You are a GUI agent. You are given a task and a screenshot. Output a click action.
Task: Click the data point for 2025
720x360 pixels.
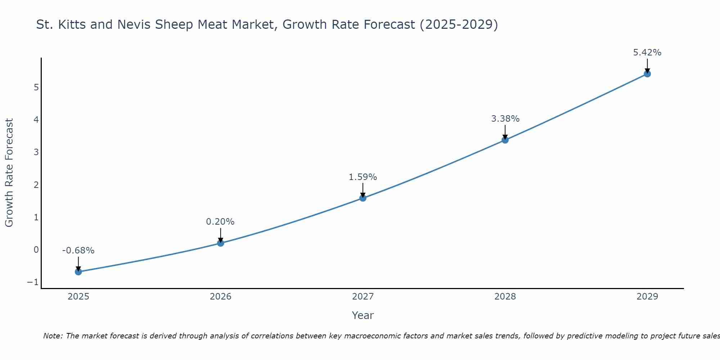click(78, 272)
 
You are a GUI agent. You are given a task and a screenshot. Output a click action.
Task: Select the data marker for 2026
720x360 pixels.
click(221, 243)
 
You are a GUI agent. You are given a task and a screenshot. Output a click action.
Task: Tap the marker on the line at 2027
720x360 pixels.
click(363, 198)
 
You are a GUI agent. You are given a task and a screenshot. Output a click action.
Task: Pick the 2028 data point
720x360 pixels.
click(505, 140)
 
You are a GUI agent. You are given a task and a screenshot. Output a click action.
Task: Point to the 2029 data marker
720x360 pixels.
click(647, 74)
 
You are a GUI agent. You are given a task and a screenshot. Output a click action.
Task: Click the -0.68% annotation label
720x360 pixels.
click(78, 251)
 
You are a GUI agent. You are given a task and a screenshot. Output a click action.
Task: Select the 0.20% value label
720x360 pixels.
click(220, 222)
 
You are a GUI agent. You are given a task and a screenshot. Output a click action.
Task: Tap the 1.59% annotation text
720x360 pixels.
click(363, 177)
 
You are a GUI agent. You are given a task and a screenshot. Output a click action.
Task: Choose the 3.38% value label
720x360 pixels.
click(505, 119)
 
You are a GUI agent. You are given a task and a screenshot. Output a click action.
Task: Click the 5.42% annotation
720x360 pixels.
click(647, 53)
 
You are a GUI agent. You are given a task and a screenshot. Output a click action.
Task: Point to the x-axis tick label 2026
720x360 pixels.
click(221, 297)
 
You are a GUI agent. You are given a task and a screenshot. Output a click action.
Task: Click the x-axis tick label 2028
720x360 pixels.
click(505, 297)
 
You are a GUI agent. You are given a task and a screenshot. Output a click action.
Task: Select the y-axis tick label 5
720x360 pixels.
click(36, 87)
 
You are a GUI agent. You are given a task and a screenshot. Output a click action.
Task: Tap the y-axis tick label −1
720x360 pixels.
click(33, 282)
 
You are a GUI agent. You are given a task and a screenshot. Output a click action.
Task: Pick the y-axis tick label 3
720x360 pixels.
click(36, 152)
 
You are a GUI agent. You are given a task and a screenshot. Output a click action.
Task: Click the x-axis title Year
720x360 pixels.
click(363, 315)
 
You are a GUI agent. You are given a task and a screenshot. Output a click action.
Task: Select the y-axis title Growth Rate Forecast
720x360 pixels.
click(9, 173)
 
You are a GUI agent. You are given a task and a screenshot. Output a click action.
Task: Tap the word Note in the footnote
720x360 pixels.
click(53, 336)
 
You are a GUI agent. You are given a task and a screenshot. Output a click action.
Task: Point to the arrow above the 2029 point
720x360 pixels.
click(647, 66)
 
